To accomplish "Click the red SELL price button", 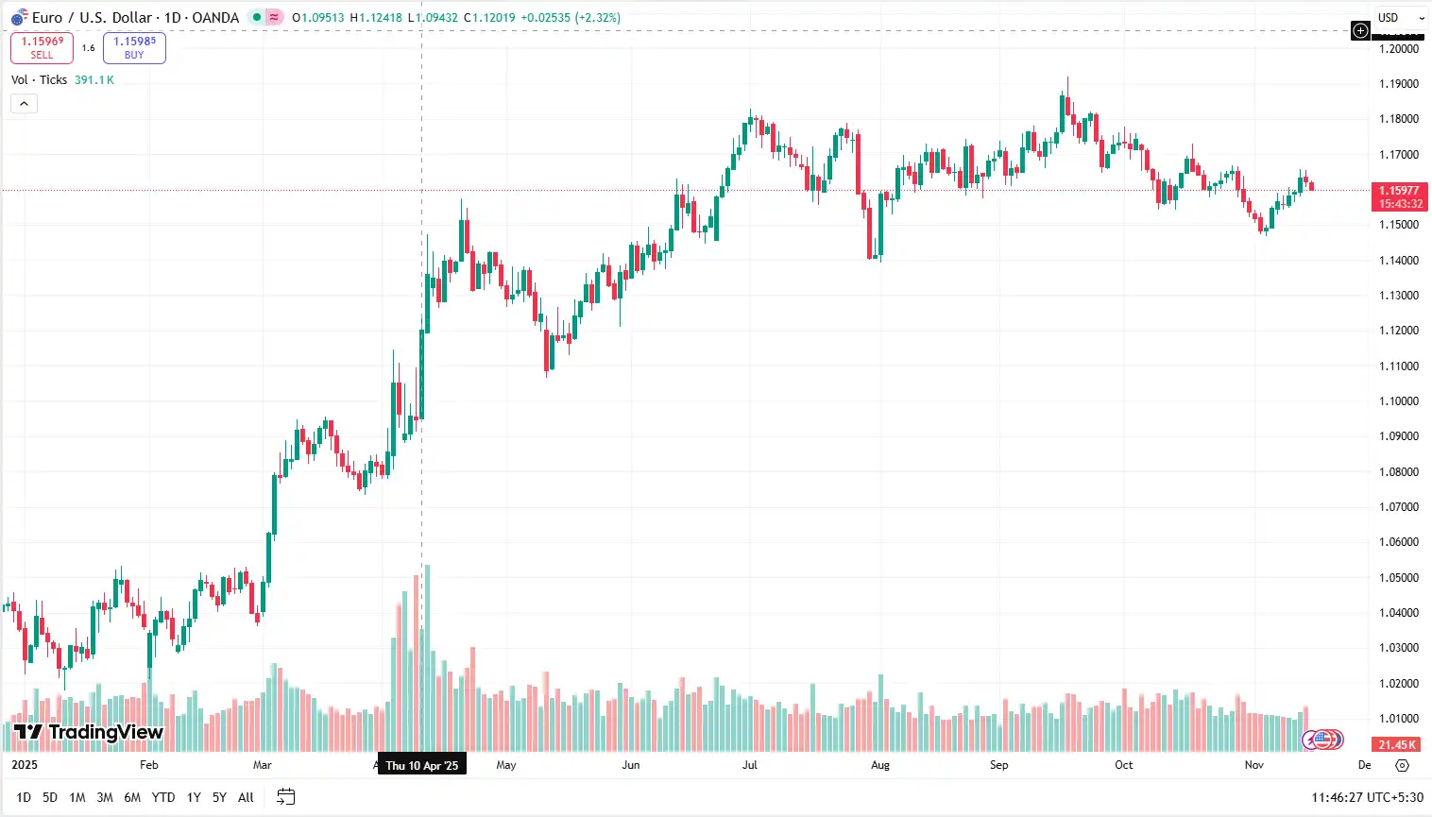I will click(42, 47).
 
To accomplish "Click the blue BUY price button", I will click(134, 47).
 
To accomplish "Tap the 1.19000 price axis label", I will click(1398, 84).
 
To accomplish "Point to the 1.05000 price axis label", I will click(1398, 578).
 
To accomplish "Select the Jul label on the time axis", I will click(749, 765).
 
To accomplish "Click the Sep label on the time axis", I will click(998, 765).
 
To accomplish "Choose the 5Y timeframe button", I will click(219, 798).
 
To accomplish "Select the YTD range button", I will click(163, 798).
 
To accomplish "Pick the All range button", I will click(246, 798).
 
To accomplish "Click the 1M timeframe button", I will click(77, 798).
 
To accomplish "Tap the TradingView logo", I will click(89, 732).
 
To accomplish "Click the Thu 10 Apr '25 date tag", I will click(421, 765).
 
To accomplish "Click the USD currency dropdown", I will click(1399, 18).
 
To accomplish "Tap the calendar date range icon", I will click(286, 797).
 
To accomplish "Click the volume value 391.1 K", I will click(94, 80).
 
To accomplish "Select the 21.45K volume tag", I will click(1397, 745).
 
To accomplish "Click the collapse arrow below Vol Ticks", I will click(24, 104).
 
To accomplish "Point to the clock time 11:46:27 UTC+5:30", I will click(1366, 798).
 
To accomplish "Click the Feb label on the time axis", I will click(148, 765).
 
